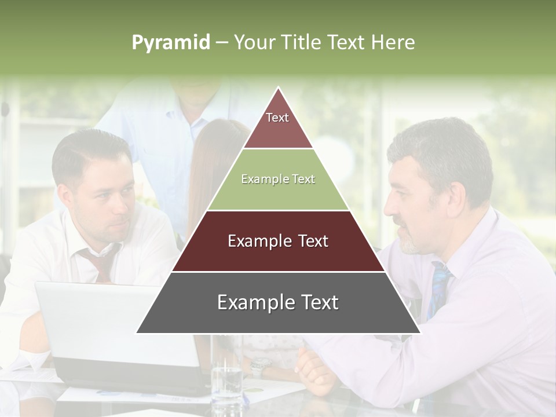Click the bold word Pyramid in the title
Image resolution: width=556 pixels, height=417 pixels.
point(171,43)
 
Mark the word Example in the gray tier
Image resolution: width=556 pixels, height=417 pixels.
point(253,303)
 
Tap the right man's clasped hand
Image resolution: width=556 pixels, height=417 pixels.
point(316,371)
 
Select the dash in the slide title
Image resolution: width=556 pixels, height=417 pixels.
point(222,43)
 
